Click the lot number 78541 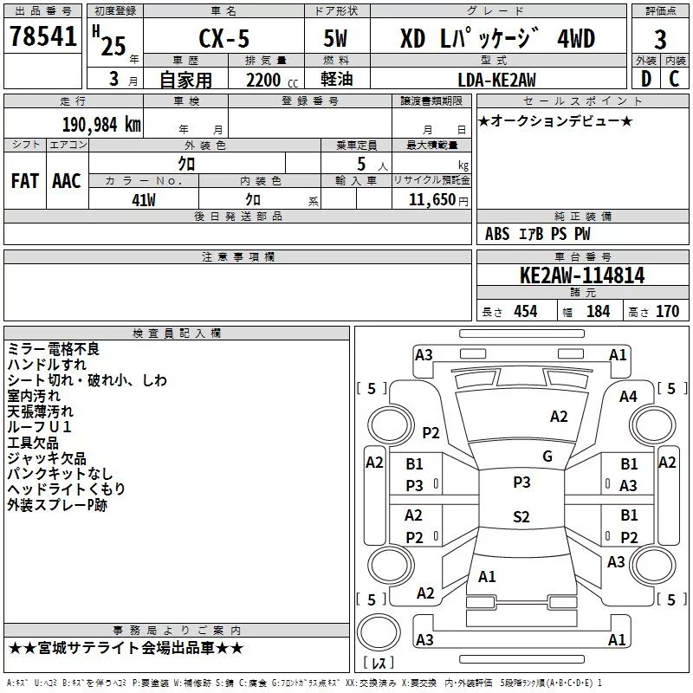[42, 36]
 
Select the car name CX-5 [224, 38]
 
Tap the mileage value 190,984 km [101, 125]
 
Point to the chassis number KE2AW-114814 [582, 275]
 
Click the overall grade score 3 [660, 40]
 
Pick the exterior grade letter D [646, 79]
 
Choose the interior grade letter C [674, 79]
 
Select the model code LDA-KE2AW [496, 80]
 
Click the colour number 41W [144, 200]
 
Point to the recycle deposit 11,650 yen [438, 200]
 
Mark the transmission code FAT [25, 181]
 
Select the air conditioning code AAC [67, 181]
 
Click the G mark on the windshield [547, 456]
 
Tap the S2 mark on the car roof [521, 516]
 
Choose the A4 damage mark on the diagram [628, 397]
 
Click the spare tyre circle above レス [379, 632]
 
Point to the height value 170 [667, 311]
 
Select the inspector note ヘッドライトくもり [67, 489]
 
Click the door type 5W [335, 38]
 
